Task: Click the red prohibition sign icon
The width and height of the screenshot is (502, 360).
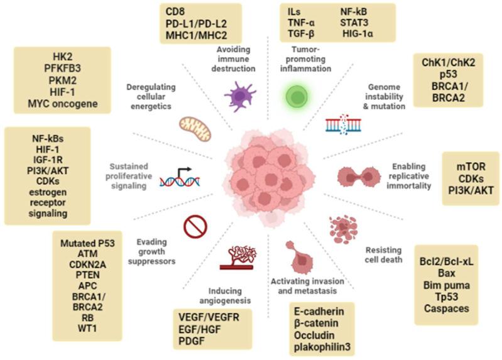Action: (195, 227)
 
